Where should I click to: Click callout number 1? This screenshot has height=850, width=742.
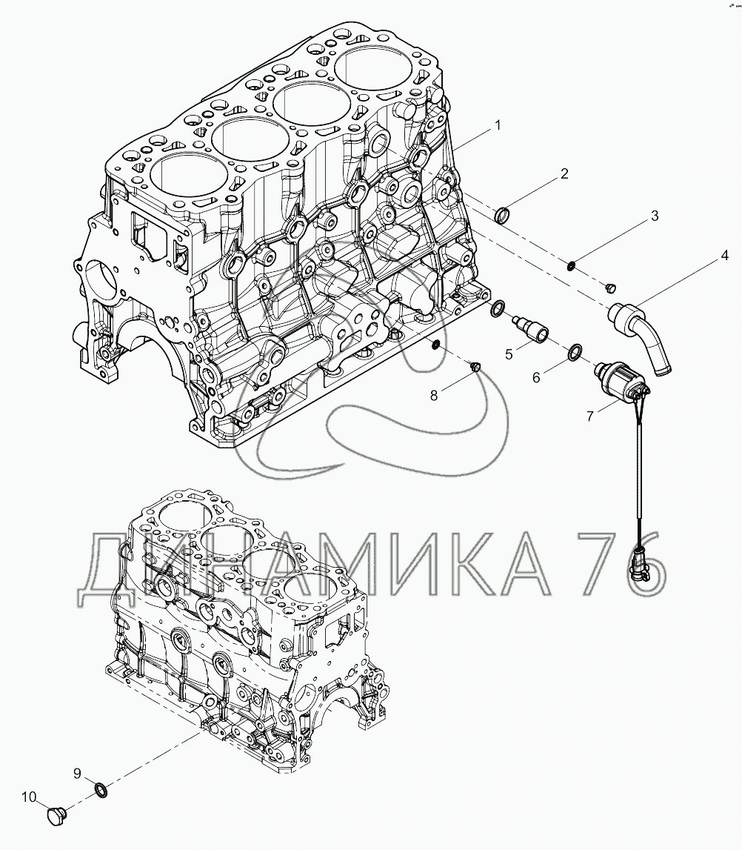point(498,125)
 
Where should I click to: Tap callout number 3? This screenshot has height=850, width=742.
point(654,216)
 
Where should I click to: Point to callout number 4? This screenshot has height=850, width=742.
point(724,256)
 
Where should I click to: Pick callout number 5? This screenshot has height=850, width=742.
point(509,354)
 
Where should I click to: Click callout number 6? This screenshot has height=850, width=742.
point(537,376)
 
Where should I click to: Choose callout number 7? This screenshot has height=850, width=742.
point(590,416)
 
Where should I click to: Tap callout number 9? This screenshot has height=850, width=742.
point(76,774)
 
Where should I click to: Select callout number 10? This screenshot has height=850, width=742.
point(28,797)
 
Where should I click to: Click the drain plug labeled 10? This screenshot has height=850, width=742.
point(56,816)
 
